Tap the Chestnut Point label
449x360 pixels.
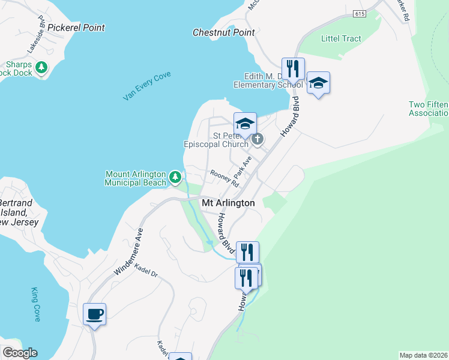[x=224, y=32]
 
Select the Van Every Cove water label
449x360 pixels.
[x=147, y=85]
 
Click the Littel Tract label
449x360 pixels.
[x=341, y=38]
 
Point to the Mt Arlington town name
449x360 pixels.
[x=228, y=203]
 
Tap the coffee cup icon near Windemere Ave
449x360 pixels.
[x=95, y=313]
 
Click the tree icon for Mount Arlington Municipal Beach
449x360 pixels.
[x=175, y=177]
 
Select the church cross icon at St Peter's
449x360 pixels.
[x=258, y=140]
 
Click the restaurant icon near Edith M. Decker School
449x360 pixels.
[x=293, y=68]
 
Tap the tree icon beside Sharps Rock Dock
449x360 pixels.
[x=41, y=68]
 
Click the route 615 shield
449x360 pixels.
[x=360, y=13]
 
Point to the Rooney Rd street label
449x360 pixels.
[x=225, y=178]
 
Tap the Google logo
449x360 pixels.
[x=20, y=353]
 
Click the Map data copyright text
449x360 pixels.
[x=424, y=355]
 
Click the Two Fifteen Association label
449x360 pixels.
[x=429, y=109]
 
